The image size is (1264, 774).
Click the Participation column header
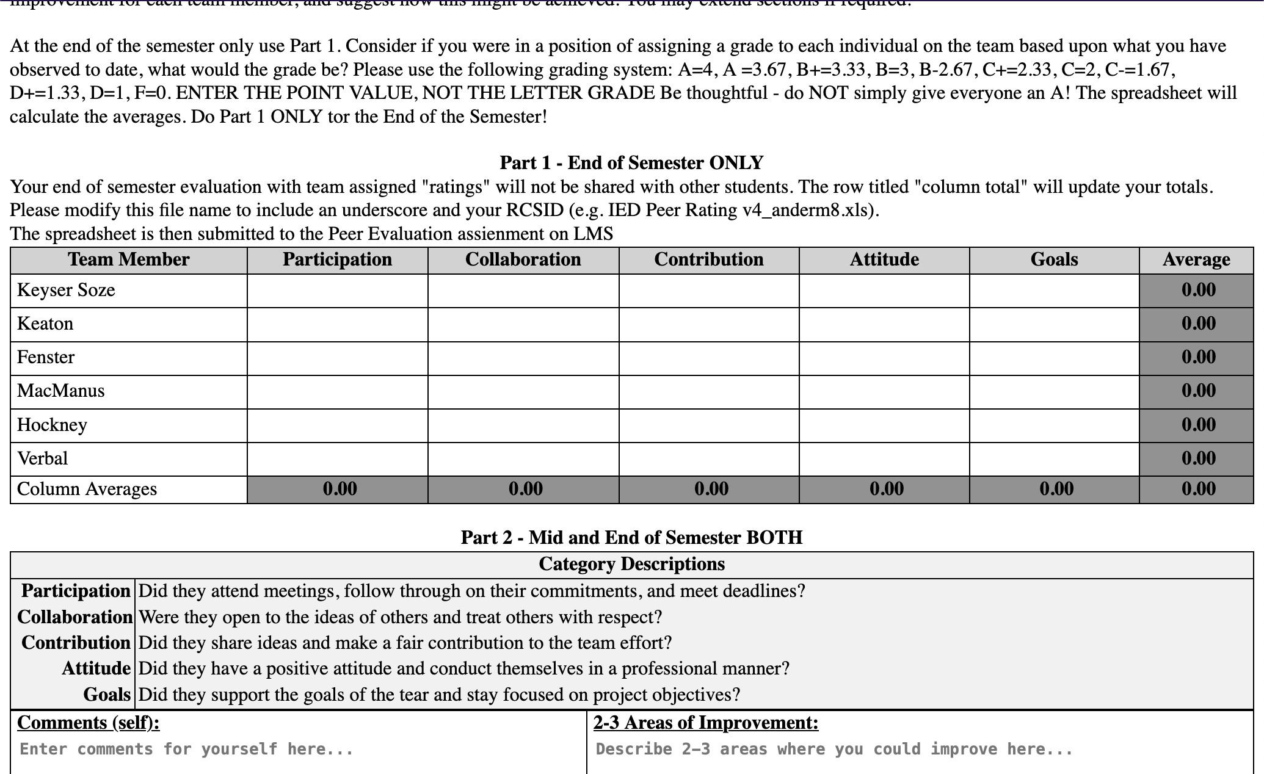click(x=337, y=259)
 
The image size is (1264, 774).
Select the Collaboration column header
click(x=523, y=259)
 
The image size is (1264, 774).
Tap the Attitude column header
click(x=884, y=259)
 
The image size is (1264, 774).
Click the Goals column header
click(x=1054, y=259)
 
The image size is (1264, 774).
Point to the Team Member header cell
click(x=128, y=259)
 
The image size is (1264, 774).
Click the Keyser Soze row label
click(x=66, y=290)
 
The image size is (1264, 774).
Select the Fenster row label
click(x=46, y=357)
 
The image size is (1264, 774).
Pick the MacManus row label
click(x=60, y=391)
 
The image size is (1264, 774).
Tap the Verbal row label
click(x=42, y=458)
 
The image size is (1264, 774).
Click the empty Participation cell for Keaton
click(x=337, y=324)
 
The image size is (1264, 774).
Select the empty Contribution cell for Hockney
click(x=708, y=425)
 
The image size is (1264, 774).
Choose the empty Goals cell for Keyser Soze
click(x=1054, y=291)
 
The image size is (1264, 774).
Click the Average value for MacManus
click(x=1197, y=391)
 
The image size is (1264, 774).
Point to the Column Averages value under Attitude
click(x=886, y=489)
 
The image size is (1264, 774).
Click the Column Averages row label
click(x=87, y=489)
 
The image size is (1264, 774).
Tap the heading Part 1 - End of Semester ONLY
click(x=631, y=163)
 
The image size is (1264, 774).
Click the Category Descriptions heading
click(x=631, y=564)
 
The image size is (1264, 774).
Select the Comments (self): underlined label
click(x=89, y=723)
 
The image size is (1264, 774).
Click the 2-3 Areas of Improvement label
click(x=706, y=723)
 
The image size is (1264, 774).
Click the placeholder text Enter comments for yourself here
click(x=186, y=749)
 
